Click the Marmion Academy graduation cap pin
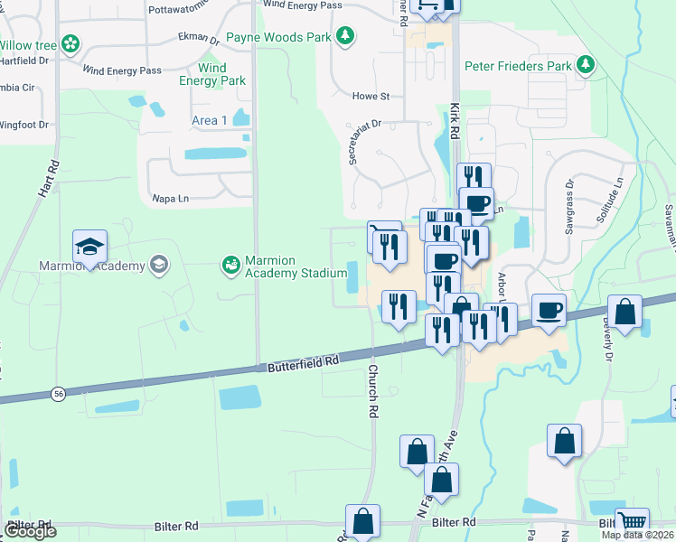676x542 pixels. (x=90, y=247)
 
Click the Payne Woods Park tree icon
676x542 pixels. (x=344, y=36)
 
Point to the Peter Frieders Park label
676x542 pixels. (x=519, y=66)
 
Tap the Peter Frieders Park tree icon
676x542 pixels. (x=587, y=64)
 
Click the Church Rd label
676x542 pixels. (x=371, y=390)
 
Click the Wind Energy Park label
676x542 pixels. (x=212, y=74)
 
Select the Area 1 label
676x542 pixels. (x=210, y=120)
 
